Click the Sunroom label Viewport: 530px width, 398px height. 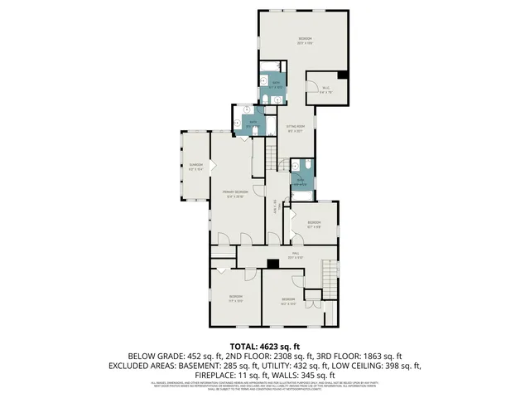(x=195, y=166)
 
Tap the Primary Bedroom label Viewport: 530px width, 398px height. (x=235, y=194)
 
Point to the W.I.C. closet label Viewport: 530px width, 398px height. (x=325, y=90)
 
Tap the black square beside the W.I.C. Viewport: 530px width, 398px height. (x=344, y=76)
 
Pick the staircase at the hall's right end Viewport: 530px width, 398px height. (x=330, y=280)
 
